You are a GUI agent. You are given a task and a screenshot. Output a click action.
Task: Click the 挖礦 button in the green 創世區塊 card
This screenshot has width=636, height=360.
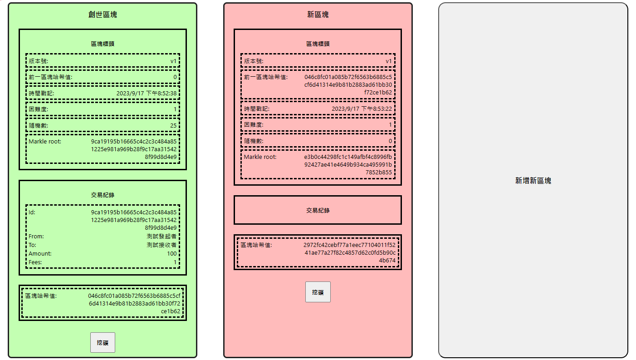point(103,343)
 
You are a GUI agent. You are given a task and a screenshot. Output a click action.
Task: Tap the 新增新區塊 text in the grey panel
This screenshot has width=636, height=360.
point(533,181)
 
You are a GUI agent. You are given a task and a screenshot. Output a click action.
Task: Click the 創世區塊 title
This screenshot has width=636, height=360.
point(103,15)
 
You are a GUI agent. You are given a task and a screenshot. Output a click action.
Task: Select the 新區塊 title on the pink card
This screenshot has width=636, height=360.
point(318,15)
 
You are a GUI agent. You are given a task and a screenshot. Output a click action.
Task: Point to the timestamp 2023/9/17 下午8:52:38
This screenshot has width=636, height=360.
point(147,94)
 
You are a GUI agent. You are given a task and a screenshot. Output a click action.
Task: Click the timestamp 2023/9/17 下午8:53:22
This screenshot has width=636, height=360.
point(362,109)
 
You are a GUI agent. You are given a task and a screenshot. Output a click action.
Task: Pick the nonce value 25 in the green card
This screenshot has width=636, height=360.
point(173,125)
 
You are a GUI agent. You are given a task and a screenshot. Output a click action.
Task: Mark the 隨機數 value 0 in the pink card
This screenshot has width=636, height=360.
point(390,141)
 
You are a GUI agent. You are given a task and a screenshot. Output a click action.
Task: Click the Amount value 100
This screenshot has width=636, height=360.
point(171,254)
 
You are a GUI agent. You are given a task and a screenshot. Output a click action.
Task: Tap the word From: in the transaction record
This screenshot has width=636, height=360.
point(36,237)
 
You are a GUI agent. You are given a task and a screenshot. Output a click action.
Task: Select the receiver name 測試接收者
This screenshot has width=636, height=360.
point(161,245)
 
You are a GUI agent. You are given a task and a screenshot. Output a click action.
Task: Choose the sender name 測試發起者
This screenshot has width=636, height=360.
point(161,237)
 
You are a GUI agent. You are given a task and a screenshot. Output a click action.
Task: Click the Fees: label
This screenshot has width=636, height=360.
point(35,262)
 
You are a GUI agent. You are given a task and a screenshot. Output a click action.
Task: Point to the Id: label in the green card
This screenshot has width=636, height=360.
point(32,212)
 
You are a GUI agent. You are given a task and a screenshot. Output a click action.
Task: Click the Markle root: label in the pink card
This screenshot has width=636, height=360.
point(260,157)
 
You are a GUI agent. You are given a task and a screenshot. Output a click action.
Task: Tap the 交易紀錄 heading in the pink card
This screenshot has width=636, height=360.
point(318,211)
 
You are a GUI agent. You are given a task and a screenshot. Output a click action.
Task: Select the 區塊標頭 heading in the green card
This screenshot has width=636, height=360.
point(103,44)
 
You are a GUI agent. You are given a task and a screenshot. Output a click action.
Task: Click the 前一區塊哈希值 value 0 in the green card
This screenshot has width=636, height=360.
point(175,77)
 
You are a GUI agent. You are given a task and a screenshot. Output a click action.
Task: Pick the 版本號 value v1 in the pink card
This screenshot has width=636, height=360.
point(388,61)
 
